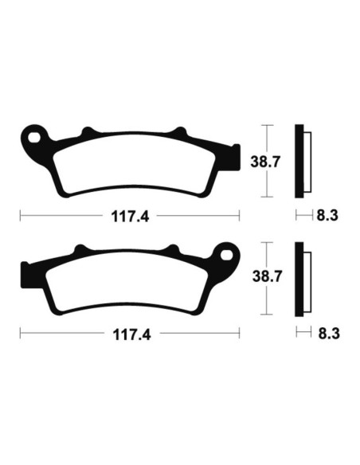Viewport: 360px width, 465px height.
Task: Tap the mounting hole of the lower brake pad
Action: [x=225, y=257]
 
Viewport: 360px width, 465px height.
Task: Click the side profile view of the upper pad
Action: [x=300, y=162]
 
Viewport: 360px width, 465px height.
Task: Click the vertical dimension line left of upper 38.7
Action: [x=269, y=162]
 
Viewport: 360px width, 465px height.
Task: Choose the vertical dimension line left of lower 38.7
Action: [x=269, y=279]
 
